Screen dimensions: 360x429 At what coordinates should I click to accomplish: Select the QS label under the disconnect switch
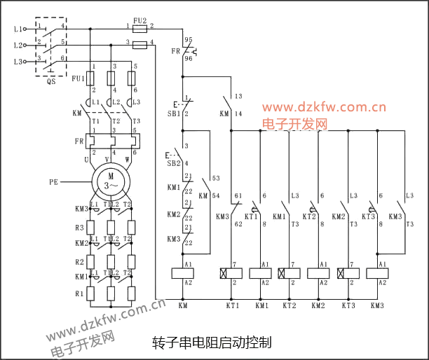coord(51,81)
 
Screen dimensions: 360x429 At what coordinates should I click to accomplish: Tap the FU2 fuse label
coord(139,21)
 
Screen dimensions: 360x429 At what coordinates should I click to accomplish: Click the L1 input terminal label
coord(18,29)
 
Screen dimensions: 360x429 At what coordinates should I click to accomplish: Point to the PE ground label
coord(53,181)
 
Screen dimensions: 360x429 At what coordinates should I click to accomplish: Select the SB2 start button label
coord(173,163)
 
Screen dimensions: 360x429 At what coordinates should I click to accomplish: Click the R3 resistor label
coord(80,228)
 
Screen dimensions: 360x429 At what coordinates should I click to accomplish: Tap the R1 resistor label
coord(80,295)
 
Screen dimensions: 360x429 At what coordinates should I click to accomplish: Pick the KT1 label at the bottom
coord(232,306)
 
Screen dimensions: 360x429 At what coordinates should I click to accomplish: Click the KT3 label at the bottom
coord(348,306)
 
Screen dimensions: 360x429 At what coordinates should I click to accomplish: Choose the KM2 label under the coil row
coord(318,306)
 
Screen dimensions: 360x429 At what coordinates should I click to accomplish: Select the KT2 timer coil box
coord(290,272)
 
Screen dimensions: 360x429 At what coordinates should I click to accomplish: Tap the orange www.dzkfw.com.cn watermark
coord(325,108)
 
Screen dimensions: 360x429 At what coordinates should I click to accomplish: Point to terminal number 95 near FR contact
coord(188,41)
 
